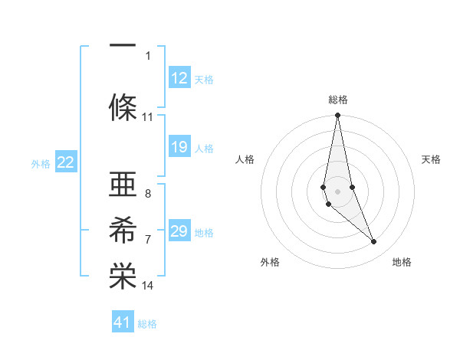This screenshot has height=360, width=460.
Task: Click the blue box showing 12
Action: [179, 78]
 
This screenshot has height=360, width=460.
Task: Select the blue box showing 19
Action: [179, 147]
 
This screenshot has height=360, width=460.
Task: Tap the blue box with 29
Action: [179, 231]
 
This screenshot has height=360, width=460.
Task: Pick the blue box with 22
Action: [66, 162]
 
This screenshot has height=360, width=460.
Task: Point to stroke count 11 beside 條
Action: [148, 117]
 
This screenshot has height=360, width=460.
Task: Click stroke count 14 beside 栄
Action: [148, 286]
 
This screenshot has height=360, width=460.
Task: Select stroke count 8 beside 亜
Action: [148, 194]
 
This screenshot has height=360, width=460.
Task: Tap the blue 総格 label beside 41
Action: [147, 324]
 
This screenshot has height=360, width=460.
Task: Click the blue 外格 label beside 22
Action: [41, 163]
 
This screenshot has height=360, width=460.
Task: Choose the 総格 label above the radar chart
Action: [337, 100]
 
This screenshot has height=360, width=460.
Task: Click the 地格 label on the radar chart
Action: [402, 262]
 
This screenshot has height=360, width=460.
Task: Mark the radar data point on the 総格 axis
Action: [337, 116]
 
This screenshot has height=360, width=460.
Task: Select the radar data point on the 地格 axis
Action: [374, 242]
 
